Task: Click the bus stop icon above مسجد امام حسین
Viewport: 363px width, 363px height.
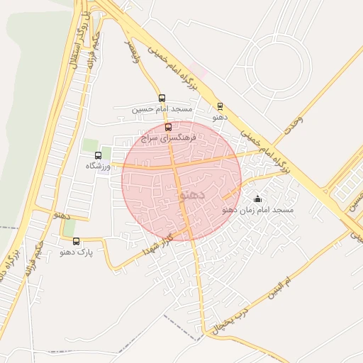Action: (162, 99)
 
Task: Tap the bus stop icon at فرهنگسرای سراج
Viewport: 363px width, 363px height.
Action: (168, 128)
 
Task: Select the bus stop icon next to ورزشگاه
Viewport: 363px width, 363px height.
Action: (98, 155)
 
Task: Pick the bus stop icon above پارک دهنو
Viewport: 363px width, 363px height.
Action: (76, 241)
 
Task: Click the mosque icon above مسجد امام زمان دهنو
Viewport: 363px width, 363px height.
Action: (257, 199)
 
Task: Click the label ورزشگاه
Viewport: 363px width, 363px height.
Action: (99, 165)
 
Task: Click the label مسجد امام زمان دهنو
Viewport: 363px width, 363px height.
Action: (257, 210)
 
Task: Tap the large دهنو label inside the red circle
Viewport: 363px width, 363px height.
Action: (191, 193)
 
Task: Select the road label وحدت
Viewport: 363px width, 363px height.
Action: (291, 124)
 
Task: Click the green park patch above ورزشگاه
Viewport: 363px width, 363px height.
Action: (90, 145)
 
